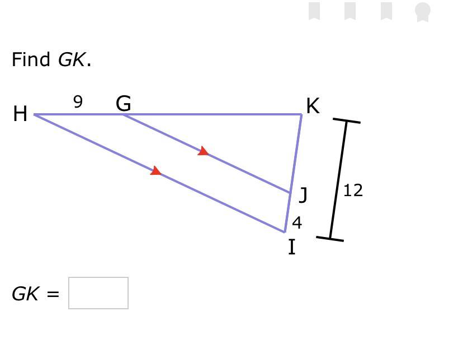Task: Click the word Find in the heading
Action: click(x=31, y=59)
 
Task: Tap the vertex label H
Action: click(x=20, y=114)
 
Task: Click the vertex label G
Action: click(x=124, y=104)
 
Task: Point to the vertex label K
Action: click(x=313, y=106)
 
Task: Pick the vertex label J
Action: click(x=303, y=195)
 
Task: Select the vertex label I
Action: click(x=291, y=247)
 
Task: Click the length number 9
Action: click(x=78, y=102)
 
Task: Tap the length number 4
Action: click(x=297, y=223)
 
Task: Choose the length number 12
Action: click(x=353, y=191)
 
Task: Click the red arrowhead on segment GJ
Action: click(x=204, y=151)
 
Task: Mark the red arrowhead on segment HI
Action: click(x=156, y=171)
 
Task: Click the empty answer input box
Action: click(x=98, y=293)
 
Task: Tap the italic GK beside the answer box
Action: click(x=25, y=294)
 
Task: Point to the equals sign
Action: click(x=53, y=294)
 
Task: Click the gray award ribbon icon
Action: click(x=423, y=11)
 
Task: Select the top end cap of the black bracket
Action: click(x=347, y=120)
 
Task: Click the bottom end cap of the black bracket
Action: click(x=330, y=239)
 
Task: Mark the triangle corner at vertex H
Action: click(x=35, y=115)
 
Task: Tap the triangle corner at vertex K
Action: click(x=301, y=115)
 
